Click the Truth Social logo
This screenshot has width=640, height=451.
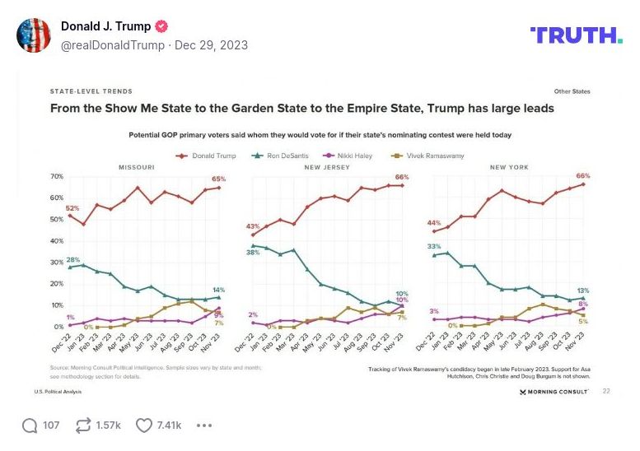(576, 35)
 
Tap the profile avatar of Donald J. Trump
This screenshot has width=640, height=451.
(34, 35)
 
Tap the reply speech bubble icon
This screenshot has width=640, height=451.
(30, 425)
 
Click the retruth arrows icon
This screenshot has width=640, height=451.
(83, 425)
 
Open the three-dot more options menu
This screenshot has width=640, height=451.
(204, 425)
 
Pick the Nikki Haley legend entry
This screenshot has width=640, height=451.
(352, 155)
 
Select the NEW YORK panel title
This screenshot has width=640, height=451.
(508, 167)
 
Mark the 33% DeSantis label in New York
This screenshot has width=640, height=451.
(432, 246)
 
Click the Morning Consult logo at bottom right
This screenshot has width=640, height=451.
(554, 392)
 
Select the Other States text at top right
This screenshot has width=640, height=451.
(572, 91)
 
